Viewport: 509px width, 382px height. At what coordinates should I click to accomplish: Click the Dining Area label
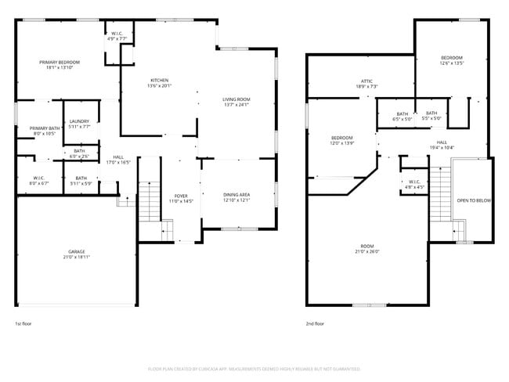coord(236,196)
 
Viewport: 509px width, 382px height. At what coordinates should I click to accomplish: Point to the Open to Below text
coord(474,201)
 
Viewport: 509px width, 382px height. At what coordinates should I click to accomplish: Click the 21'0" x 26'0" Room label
coord(367,249)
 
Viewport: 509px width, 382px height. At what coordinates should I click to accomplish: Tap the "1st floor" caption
coord(23,323)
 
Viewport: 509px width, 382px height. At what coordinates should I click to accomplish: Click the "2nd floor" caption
coord(315,323)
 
